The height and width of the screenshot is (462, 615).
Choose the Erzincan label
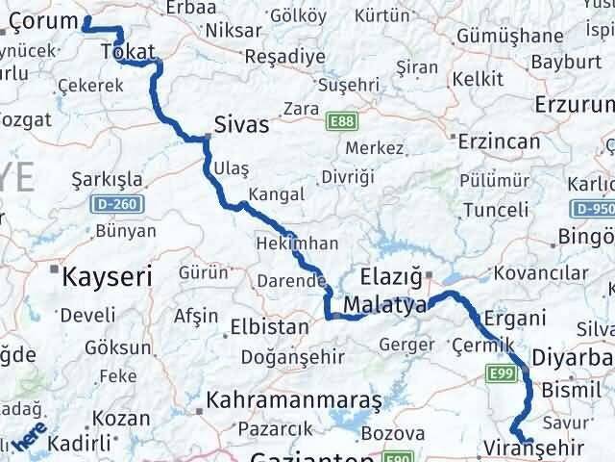(x=499, y=141)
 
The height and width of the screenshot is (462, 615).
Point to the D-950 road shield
(x=592, y=208)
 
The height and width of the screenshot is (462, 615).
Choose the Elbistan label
(x=268, y=326)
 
